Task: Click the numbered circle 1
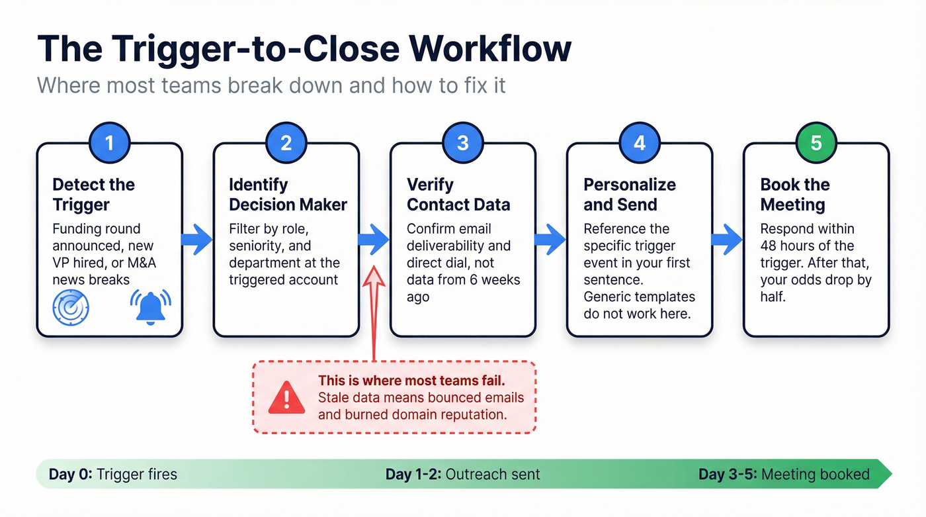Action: tap(109, 143)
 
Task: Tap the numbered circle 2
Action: tap(286, 143)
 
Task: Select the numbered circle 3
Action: tap(462, 143)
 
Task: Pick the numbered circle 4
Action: tap(639, 143)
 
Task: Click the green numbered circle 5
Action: tap(816, 143)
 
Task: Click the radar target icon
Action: tap(71, 306)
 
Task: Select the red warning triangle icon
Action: tap(286, 397)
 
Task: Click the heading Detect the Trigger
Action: tap(93, 195)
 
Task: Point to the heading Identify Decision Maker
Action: tap(288, 195)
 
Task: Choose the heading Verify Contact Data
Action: tap(458, 195)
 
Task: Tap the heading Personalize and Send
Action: tap(629, 195)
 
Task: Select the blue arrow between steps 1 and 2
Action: tap(197, 239)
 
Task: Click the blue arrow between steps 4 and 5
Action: tap(727, 239)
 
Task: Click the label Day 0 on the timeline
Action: tap(71, 474)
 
